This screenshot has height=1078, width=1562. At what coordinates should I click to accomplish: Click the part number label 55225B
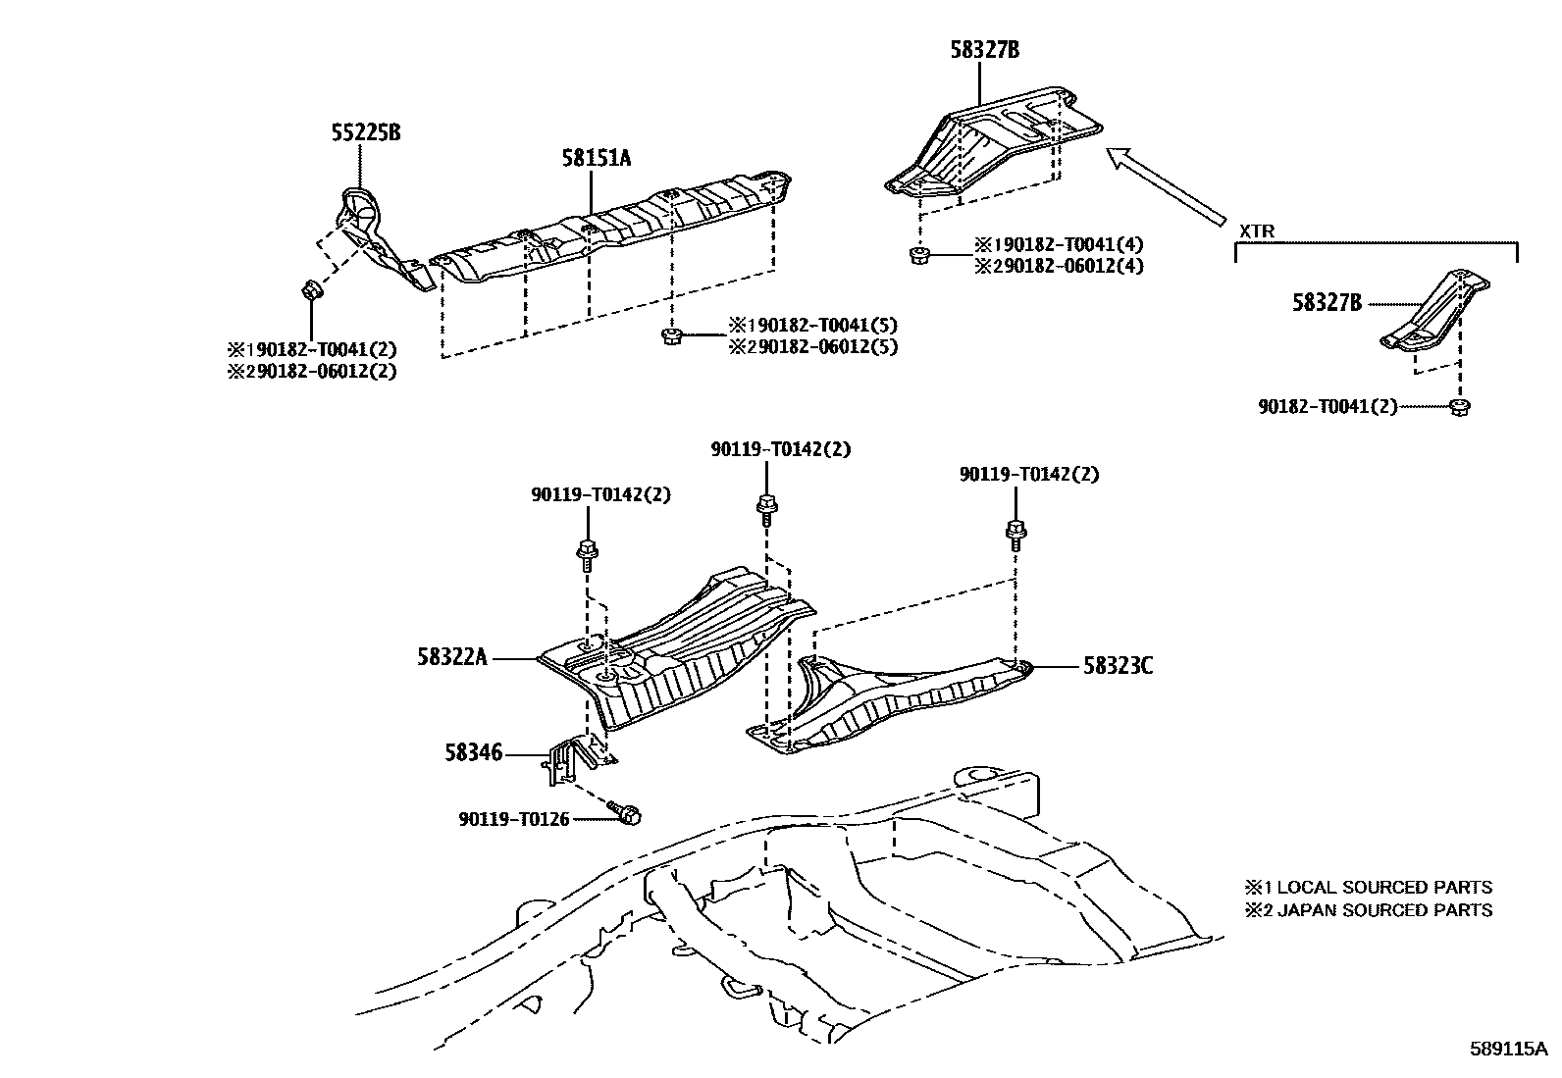pos(365,132)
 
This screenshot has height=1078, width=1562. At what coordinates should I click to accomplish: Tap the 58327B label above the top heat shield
pos(984,49)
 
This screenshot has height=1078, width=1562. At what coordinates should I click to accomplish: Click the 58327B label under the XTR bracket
pos(1327,304)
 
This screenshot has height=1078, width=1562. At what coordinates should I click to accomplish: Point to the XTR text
pos(1259,231)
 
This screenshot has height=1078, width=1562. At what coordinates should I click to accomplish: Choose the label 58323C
pos(1118,667)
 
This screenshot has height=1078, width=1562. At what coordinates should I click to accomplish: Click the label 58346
pos(473,753)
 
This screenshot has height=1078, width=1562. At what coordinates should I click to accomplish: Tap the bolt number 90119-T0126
pos(513,819)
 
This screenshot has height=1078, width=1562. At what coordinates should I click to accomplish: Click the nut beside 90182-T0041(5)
pos(672,336)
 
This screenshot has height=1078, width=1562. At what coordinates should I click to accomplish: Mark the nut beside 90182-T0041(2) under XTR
pos(1459,406)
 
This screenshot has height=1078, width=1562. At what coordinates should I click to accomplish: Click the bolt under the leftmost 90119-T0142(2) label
pos(587,552)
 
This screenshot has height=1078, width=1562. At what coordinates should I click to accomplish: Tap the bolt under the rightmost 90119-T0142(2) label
pos(1016,533)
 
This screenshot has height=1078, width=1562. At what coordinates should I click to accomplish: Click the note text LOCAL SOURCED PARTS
pos(1383,888)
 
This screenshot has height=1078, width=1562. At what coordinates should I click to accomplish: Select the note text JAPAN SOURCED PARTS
pos(1383,910)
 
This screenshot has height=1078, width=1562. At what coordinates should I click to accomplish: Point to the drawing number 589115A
pos(1507,1049)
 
